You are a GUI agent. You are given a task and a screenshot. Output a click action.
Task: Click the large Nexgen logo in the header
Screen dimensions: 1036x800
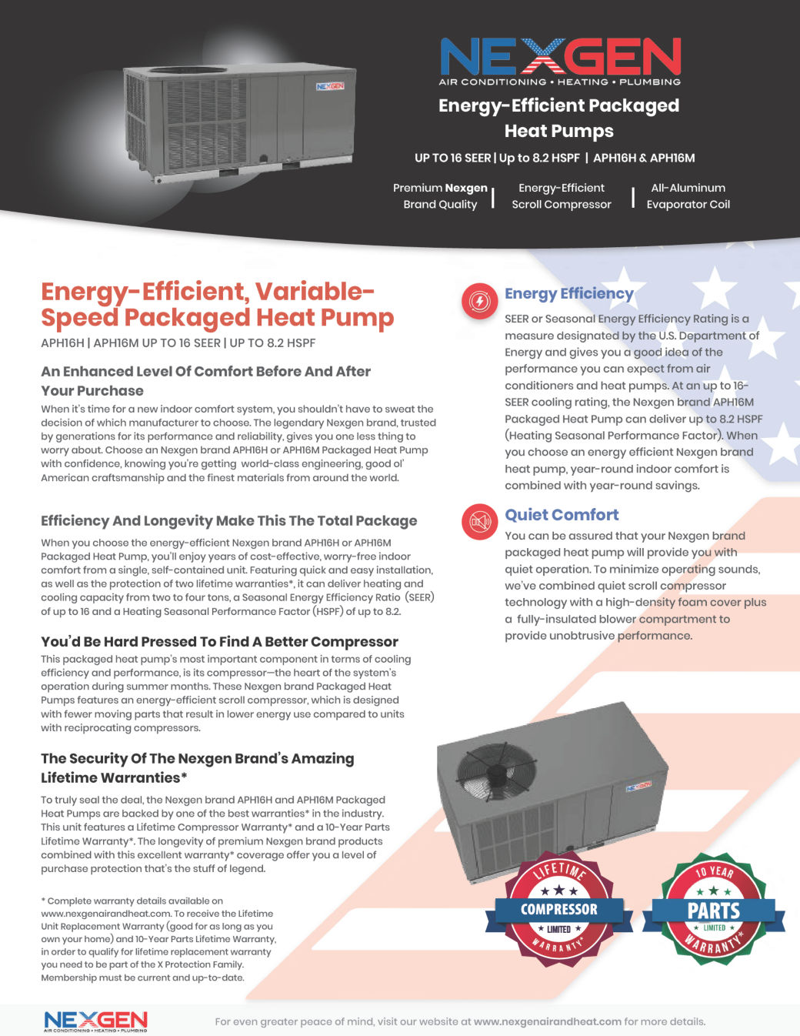click(x=559, y=61)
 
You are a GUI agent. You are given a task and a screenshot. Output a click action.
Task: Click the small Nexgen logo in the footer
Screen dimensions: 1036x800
click(x=95, y=1021)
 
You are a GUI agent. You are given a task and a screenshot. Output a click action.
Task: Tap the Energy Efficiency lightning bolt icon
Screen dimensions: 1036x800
click(x=480, y=301)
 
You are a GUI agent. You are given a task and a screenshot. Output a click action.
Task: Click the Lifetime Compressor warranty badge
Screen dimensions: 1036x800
click(x=559, y=909)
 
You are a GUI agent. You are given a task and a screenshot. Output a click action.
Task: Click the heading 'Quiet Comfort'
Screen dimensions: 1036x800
click(x=562, y=515)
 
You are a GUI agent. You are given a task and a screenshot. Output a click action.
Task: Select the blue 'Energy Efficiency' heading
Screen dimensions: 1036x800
click(x=568, y=293)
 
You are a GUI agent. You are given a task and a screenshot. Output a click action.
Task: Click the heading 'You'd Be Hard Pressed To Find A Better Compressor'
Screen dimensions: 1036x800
click(x=219, y=641)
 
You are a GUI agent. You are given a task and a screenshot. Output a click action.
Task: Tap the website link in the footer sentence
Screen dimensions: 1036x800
click(x=547, y=1021)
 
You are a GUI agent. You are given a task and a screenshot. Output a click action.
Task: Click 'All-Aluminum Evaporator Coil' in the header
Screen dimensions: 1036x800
click(x=688, y=196)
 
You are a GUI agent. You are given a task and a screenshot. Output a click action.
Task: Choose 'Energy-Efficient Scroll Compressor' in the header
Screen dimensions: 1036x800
click(x=562, y=196)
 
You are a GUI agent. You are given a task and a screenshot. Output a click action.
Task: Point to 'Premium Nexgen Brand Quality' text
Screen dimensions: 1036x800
click(x=440, y=196)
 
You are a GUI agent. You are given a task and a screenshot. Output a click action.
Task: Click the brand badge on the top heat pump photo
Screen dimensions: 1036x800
click(x=330, y=86)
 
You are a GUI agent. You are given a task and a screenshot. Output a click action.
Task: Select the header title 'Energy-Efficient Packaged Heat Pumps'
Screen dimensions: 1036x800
click(x=559, y=118)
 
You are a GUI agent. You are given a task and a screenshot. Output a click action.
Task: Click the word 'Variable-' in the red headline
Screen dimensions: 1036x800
click(x=315, y=292)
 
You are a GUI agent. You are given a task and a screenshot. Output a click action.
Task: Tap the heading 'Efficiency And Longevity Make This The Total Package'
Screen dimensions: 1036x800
click(x=228, y=520)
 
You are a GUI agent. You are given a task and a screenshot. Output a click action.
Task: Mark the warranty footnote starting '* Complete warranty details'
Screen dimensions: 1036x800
click(x=158, y=939)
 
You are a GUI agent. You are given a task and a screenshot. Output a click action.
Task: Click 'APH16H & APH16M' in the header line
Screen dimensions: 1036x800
click(x=644, y=158)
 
